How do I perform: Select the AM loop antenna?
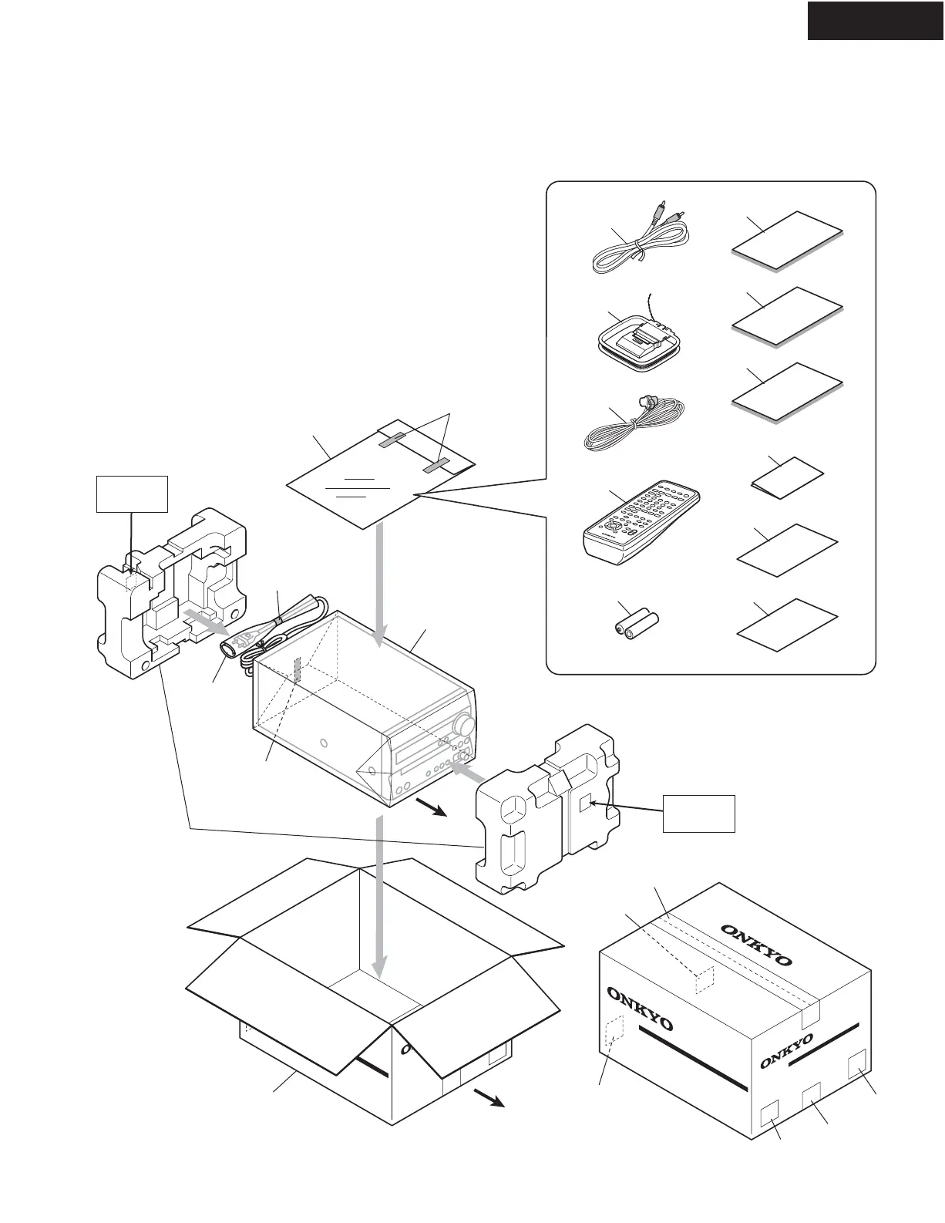coord(638,339)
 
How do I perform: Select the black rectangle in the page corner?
coord(876,20)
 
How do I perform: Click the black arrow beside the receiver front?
coord(432,810)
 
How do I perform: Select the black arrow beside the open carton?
coord(489,1097)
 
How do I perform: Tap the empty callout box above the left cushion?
coord(131,494)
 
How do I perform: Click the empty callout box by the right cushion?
coord(699,813)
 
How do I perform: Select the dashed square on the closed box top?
coord(705,977)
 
